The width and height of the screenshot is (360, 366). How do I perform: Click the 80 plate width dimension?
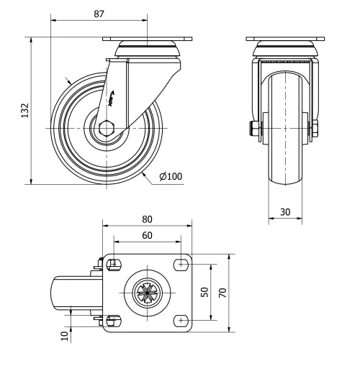click(147, 218)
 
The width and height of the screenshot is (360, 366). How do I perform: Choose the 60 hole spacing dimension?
click(147, 235)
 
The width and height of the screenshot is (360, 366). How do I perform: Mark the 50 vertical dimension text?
click(204, 293)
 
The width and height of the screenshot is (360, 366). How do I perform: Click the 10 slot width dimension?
click(65, 334)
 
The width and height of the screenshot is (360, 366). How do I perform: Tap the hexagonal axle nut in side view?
click(107, 129)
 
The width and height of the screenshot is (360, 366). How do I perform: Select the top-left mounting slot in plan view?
click(114, 265)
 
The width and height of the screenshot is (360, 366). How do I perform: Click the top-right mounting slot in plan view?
click(181, 265)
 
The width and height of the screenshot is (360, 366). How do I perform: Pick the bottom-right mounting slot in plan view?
click(181, 320)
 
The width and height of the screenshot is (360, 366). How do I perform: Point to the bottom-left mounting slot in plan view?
click(114, 320)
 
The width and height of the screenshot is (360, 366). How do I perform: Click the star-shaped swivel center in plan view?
click(147, 293)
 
